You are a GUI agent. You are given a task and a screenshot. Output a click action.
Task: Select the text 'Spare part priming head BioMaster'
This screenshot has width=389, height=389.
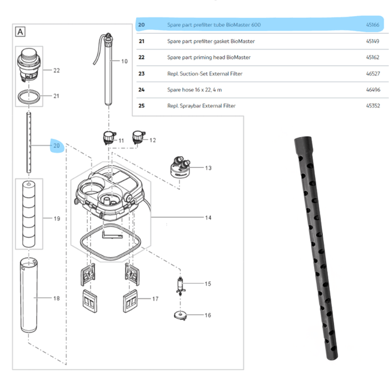click(x=208, y=57)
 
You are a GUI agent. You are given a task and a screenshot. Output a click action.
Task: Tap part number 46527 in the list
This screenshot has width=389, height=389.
click(x=372, y=73)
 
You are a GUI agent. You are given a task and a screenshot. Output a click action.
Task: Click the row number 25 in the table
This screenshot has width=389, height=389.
click(x=141, y=106)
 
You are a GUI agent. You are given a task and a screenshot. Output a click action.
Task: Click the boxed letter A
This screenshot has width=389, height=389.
click(x=21, y=32)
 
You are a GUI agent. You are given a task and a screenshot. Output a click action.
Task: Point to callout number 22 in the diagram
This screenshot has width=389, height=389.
click(x=56, y=71)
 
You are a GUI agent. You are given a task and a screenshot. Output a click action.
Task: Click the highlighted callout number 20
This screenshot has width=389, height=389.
click(x=56, y=146)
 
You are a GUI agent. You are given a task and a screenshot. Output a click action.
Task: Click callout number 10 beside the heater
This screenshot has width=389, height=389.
click(x=124, y=61)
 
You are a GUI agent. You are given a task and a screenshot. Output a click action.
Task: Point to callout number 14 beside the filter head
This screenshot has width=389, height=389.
click(x=208, y=218)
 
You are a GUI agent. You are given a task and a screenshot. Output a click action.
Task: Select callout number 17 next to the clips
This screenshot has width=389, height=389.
click(x=155, y=299)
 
